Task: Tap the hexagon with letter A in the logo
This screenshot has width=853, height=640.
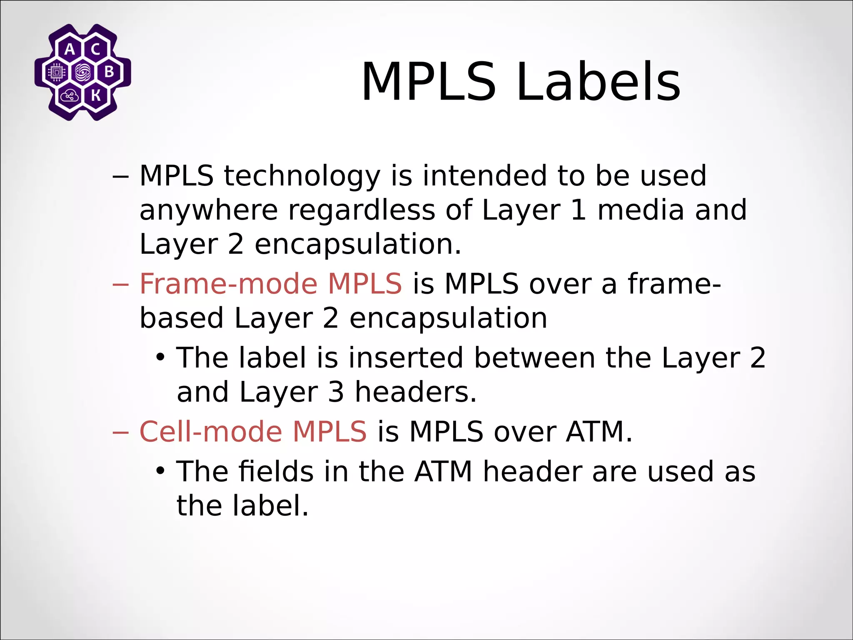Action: (70, 50)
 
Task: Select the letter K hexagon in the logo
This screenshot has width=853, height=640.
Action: (96, 95)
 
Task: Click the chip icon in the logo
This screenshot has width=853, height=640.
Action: (57, 72)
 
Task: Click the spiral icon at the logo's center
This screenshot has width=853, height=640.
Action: (83, 72)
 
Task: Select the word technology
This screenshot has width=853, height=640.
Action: (302, 176)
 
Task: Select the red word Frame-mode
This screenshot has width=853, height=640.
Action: (228, 284)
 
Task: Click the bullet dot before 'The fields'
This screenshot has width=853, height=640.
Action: (160, 471)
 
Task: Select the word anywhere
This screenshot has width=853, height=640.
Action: (208, 210)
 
